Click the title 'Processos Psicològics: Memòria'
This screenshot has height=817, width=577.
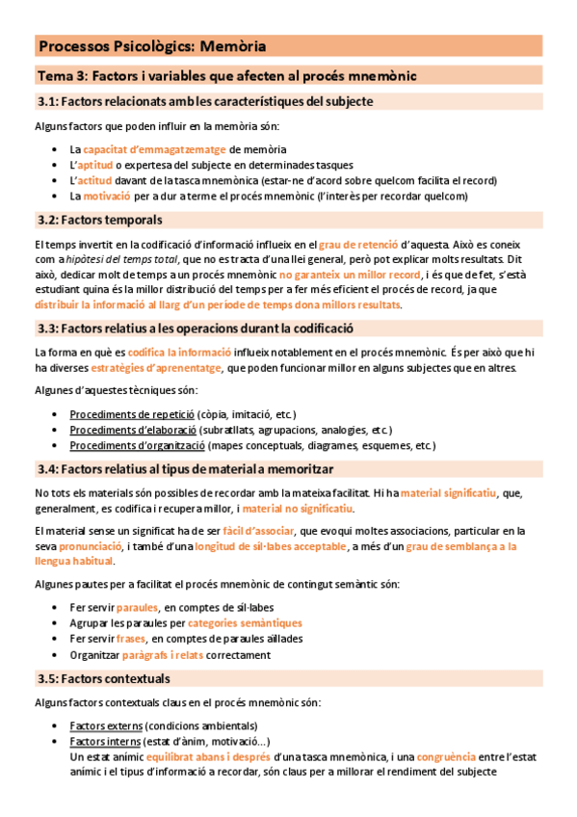pos(152,45)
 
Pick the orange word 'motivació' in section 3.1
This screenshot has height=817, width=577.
pos(113,196)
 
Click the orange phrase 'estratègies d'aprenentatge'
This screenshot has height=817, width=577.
pos(154,368)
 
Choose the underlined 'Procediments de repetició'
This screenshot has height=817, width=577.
pos(132,414)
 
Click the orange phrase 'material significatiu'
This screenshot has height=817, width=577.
pos(448,492)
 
